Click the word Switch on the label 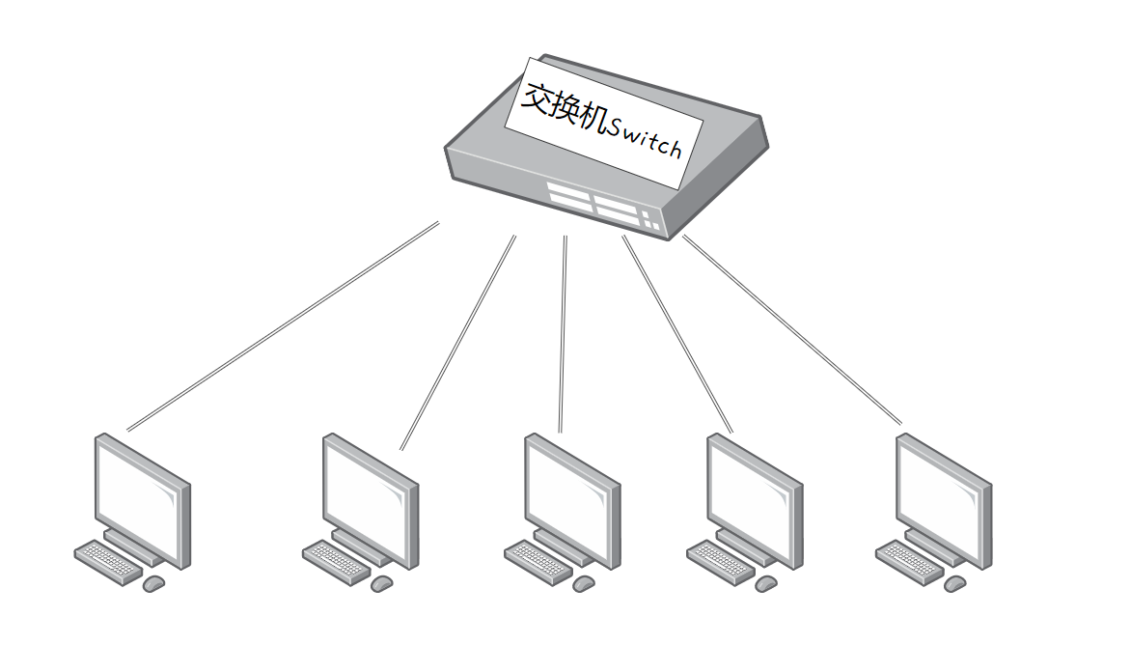pyautogui.click(x=643, y=141)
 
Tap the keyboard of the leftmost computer pyautogui.click(x=106, y=562)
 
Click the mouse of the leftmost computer pyautogui.click(x=153, y=584)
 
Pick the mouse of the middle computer pyautogui.click(x=583, y=584)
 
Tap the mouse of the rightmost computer pyautogui.click(x=954, y=584)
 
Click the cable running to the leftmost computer pyautogui.click(x=283, y=326)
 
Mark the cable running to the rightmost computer pyautogui.click(x=792, y=329)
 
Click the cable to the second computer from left pyautogui.click(x=457, y=343)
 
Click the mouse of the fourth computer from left pyautogui.click(x=765, y=584)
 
